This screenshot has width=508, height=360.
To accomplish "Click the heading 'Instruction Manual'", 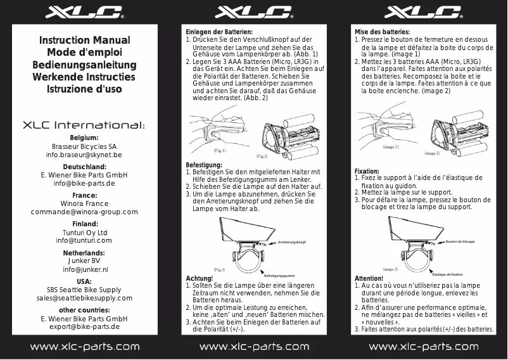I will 84,41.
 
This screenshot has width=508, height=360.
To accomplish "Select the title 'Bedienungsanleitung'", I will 84,65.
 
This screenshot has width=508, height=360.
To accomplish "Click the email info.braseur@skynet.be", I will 84,155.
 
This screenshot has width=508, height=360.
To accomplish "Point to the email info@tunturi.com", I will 84,241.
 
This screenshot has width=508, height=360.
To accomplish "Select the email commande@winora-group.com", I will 84,212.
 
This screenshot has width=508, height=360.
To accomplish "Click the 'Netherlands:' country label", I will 84,252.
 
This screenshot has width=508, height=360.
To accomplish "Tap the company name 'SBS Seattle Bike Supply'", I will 84,290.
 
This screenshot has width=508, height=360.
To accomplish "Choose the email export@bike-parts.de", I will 84,326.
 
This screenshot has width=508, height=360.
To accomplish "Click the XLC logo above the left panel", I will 84,13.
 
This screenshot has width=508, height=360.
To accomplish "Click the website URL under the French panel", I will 423,347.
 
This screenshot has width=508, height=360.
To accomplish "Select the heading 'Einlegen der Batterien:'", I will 219,32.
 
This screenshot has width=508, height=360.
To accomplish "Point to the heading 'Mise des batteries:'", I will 382,32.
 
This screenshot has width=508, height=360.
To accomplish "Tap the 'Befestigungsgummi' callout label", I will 280,276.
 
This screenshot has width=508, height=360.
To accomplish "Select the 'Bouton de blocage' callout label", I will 460,241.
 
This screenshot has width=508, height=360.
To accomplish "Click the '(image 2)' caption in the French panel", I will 432,153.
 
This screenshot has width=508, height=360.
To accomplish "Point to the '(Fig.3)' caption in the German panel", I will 219,269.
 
